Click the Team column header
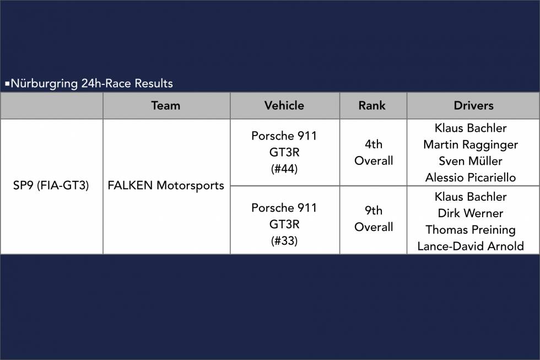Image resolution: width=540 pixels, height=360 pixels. (166, 105)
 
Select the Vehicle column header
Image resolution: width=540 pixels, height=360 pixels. (284, 105)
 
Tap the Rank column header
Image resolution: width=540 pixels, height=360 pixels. (372, 105)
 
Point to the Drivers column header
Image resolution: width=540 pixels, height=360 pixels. (473, 105)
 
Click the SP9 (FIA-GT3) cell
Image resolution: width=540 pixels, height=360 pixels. (51, 185)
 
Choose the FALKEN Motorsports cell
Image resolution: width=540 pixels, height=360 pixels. (166, 185)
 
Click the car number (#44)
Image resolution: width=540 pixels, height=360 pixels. (284, 169)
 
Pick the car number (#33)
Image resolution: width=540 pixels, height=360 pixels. (284, 240)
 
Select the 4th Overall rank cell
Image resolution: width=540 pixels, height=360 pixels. (374, 152)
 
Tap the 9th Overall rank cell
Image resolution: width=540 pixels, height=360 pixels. (374, 219)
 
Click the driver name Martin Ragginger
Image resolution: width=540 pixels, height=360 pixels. (471, 144)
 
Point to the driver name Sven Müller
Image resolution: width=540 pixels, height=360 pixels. (471, 161)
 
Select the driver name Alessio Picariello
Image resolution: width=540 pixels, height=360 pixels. (471, 178)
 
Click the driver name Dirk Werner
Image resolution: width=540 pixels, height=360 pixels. (471, 213)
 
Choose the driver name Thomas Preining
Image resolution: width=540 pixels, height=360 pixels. (471, 230)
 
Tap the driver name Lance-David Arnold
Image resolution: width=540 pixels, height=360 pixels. (471, 246)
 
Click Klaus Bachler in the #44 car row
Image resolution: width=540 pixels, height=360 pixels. (471, 128)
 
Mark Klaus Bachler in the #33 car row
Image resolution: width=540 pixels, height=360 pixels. (471, 197)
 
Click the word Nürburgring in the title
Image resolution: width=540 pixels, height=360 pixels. (44, 84)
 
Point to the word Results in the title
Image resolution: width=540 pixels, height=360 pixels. (154, 83)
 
